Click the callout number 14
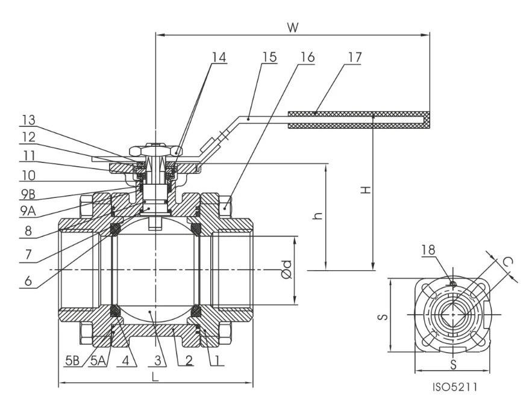(x=219, y=57)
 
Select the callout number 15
(x=269, y=57)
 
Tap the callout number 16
(x=307, y=57)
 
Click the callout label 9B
(x=27, y=195)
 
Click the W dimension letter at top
(x=293, y=27)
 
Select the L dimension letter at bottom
(x=155, y=377)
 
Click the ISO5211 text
(x=455, y=388)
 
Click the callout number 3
(x=157, y=361)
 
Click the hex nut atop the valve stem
(x=156, y=148)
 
